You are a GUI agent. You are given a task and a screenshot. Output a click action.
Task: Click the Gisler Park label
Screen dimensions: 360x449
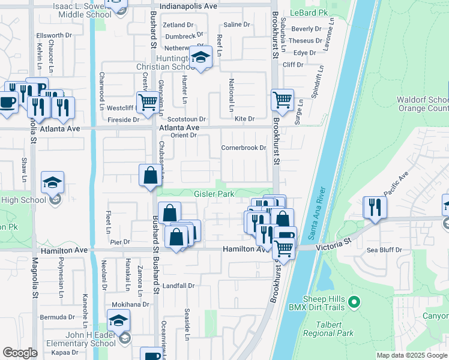tap(214, 194)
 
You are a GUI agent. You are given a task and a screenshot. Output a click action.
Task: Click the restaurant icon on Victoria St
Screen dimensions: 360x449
tap(375, 208)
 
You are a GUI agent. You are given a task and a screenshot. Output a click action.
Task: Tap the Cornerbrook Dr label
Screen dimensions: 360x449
tap(243, 148)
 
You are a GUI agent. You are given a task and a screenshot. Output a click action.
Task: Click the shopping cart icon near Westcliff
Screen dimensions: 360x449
tap(147, 101)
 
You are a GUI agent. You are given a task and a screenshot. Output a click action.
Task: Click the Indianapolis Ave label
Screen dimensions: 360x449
tap(177, 5)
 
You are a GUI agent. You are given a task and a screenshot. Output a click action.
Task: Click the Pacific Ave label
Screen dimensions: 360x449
tap(396, 180)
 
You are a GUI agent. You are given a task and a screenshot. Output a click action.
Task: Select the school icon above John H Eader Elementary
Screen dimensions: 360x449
tap(119, 320)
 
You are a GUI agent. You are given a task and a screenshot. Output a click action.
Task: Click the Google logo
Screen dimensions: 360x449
tap(20, 353)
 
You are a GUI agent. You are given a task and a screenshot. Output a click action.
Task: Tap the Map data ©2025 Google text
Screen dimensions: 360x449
tap(412, 355)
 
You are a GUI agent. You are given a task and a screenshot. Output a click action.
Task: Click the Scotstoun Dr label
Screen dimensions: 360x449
tap(186, 119)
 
